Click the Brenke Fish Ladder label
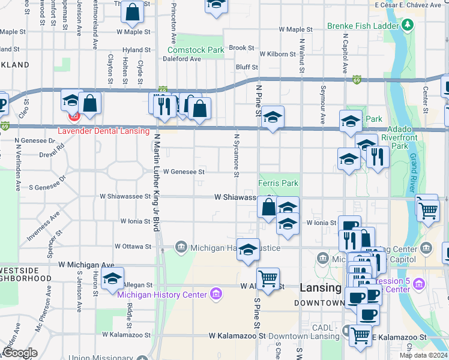click(x=363, y=26)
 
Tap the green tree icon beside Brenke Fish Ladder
click(x=408, y=25)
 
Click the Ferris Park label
click(x=278, y=183)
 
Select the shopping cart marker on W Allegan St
click(x=268, y=278)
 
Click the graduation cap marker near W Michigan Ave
click(x=112, y=278)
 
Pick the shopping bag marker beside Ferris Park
click(x=268, y=207)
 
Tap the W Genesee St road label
click(x=184, y=172)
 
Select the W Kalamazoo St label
click(x=237, y=336)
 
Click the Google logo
click(x=20, y=353)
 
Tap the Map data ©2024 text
click(x=423, y=355)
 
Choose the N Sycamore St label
click(x=237, y=155)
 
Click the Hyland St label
click(x=136, y=50)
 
